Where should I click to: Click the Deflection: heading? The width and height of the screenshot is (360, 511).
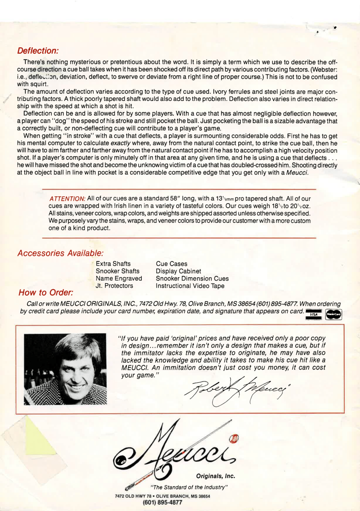[x=37, y=51]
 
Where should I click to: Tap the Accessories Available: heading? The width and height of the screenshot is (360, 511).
[x=60, y=253]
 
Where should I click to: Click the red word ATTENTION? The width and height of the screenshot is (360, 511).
[x=68, y=199]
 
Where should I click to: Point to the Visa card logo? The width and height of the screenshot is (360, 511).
[x=314, y=314]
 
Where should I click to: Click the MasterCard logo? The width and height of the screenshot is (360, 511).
[x=334, y=314]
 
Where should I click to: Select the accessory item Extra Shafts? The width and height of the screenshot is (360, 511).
[x=113, y=264]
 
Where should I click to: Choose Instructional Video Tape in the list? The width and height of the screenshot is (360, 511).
[x=189, y=286]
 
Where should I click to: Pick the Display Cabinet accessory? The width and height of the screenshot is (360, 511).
[x=179, y=271]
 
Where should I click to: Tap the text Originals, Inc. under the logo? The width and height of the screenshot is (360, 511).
[x=215, y=476]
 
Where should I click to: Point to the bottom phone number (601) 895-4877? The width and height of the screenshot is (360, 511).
[x=163, y=502]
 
